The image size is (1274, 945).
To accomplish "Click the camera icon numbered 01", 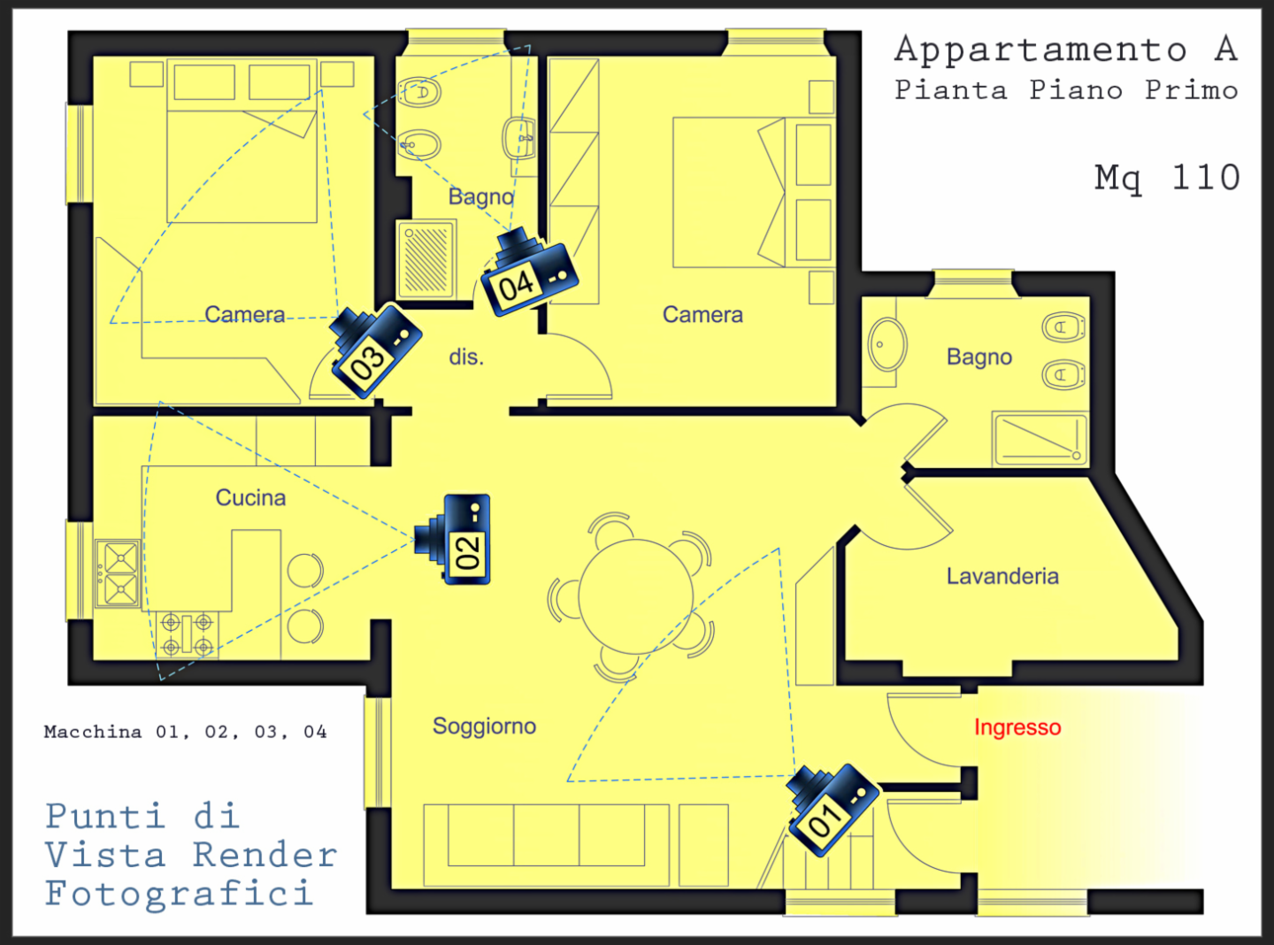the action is click(833, 810).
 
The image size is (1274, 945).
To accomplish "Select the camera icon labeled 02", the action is click(453, 539).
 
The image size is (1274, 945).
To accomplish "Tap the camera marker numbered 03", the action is click(376, 351).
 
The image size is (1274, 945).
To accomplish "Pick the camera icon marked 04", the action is click(529, 272).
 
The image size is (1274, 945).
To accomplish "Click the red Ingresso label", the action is click(1017, 728).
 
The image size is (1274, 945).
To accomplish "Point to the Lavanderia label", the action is click(1002, 576).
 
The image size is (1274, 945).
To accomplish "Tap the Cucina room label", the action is click(250, 497).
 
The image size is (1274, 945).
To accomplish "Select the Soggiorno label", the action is click(484, 726).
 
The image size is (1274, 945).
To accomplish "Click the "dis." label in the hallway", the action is click(466, 357).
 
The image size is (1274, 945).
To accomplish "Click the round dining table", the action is click(636, 596).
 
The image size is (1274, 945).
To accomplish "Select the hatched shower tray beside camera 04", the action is click(426, 259).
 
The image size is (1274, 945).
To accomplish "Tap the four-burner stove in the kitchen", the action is click(188, 634).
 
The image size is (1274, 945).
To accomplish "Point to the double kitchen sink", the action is click(119, 573).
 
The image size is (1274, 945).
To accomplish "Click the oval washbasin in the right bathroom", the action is click(887, 345).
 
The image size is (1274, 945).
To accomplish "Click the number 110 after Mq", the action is click(1205, 177).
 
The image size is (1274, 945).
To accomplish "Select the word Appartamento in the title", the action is click(1040, 50).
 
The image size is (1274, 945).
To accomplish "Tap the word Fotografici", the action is click(180, 895).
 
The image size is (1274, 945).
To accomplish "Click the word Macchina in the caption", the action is click(93, 732).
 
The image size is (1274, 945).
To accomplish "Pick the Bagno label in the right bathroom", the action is click(979, 357).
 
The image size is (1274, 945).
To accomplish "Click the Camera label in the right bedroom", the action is click(702, 315).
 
